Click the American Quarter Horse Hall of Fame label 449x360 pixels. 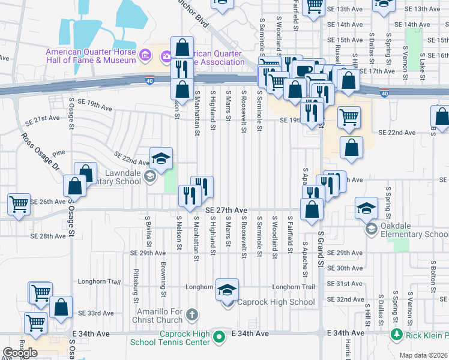[91, 56]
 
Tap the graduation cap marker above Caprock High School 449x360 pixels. [227, 290]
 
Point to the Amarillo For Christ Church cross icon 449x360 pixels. [191, 314]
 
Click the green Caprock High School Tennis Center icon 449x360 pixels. [219, 337]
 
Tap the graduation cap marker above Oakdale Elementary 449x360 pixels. [366, 208]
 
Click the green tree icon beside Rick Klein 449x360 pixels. [396, 334]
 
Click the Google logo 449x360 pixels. [20, 353]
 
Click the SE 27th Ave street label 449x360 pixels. [226, 210]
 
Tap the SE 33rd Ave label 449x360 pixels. [95, 313]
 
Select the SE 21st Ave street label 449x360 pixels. [43, 119]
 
